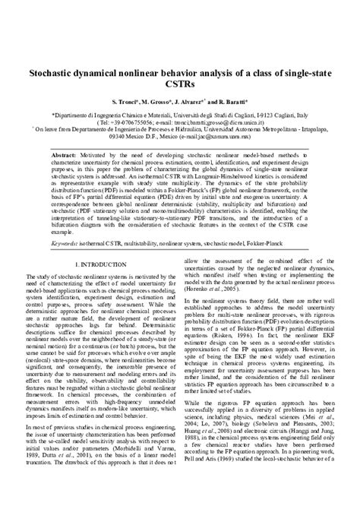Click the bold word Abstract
pos(65,153)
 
